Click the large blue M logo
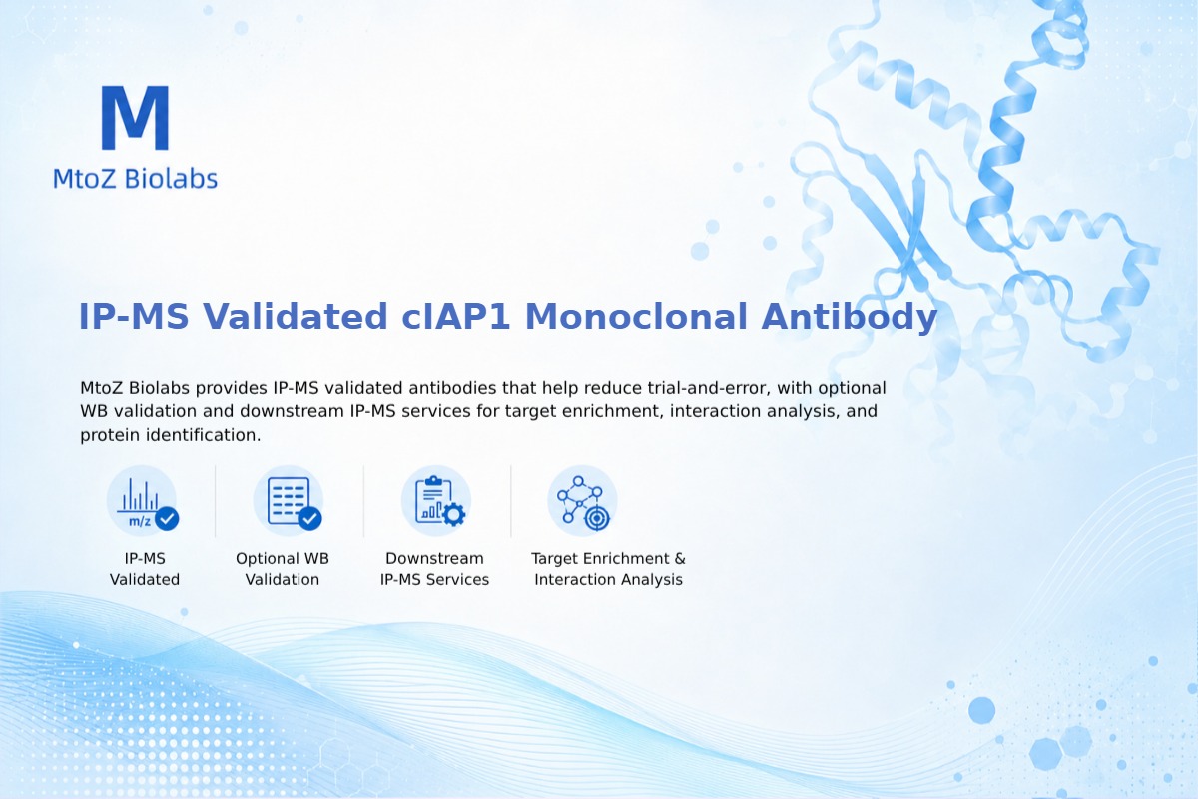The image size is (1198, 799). tap(136, 117)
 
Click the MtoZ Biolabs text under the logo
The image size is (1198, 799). tap(136, 179)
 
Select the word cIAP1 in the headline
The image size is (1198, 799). tap(456, 316)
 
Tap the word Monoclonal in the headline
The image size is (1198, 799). tap(636, 316)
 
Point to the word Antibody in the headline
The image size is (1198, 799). tap(850, 317)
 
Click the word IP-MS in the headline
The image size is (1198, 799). tap(134, 316)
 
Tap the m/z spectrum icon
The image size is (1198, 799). tap(142, 501)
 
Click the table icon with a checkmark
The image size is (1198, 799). tap(289, 501)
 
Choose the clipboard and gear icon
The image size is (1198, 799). tap(436, 501)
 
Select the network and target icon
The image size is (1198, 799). tap(582, 501)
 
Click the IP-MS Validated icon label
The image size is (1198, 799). tap(145, 569)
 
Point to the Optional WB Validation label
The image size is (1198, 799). tap(283, 569)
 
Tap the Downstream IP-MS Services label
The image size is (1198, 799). tap(435, 569)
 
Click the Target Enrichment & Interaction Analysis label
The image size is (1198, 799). tap(609, 569)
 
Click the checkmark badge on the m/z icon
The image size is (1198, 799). tap(167, 518)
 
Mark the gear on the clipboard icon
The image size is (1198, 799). tap(453, 514)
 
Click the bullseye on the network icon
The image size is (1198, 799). tap(597, 518)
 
